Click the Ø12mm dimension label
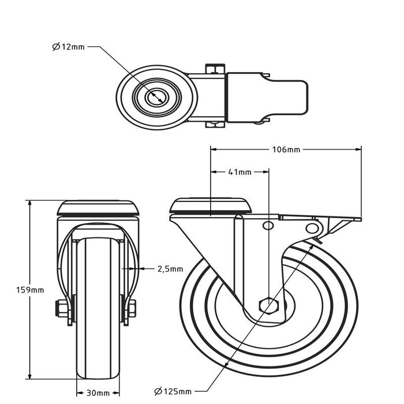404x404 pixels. point(68,47)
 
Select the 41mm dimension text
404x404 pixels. point(240,172)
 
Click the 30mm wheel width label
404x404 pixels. point(99,393)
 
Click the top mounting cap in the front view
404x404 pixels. point(99,207)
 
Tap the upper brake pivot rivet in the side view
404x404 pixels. point(268,225)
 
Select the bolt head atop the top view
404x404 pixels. point(213,68)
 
